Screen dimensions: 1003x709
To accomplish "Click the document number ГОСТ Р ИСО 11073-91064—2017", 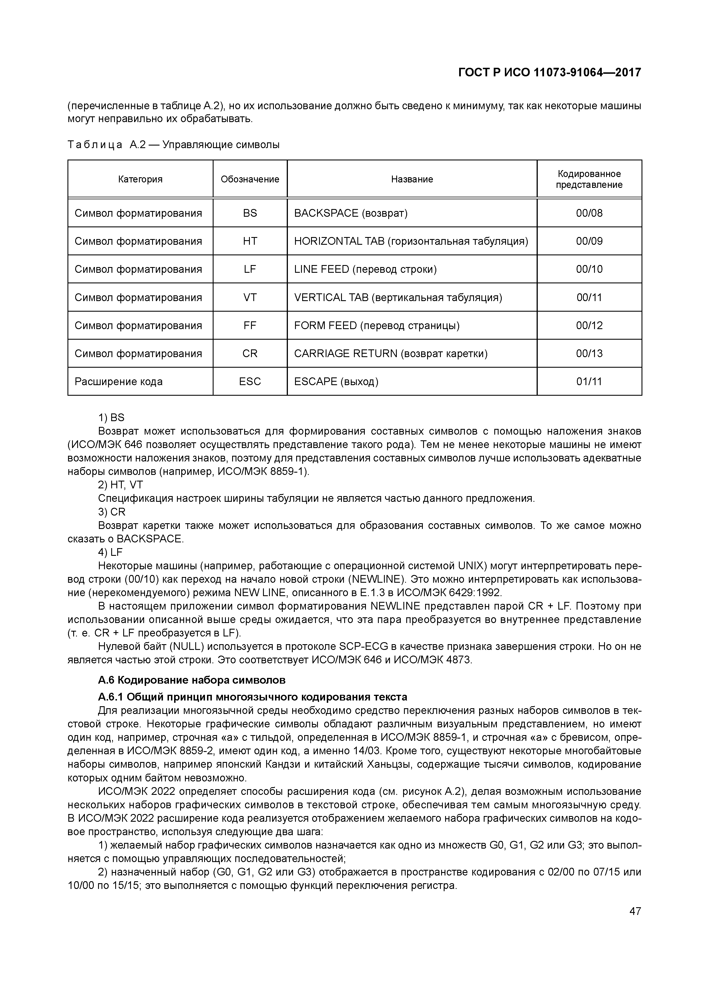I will [x=549, y=72].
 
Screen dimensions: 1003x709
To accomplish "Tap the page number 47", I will [x=635, y=911].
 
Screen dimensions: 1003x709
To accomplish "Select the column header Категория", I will [x=140, y=179].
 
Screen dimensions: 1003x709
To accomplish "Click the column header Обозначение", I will [x=250, y=179].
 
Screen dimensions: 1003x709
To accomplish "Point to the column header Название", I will [x=412, y=179].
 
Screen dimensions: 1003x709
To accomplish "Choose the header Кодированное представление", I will [x=589, y=179].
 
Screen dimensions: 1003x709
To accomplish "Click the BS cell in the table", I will [x=250, y=213].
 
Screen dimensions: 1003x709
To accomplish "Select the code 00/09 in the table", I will [x=589, y=241].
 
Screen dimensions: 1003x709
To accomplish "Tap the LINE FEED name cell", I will [x=365, y=269].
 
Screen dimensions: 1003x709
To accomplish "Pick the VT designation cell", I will [x=250, y=297].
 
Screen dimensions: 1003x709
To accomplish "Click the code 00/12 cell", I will [x=589, y=325].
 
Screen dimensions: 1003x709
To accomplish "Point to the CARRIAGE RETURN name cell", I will [x=391, y=353].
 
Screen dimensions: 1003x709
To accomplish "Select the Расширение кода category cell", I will [x=118, y=381].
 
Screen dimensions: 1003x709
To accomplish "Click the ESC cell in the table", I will [x=250, y=381].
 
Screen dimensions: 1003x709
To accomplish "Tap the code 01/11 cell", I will [x=589, y=381].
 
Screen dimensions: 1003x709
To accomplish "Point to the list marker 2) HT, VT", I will [x=120, y=485].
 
